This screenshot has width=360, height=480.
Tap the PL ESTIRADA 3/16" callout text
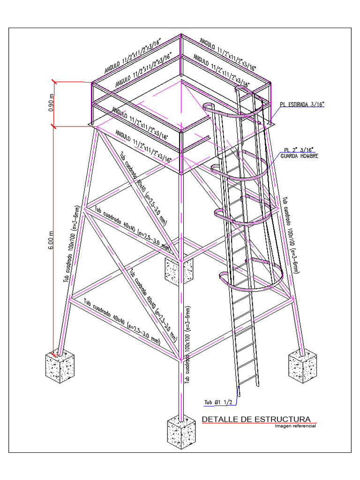pyautogui.click(x=302, y=104)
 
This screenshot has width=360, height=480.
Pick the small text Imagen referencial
pyautogui.click(x=295, y=426)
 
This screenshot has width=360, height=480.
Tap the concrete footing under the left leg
pyautogui.click(x=60, y=366)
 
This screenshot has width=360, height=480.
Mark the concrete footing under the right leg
pyautogui.click(x=302, y=366)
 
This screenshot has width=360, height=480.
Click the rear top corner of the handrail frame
pyautogui.click(x=181, y=36)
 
